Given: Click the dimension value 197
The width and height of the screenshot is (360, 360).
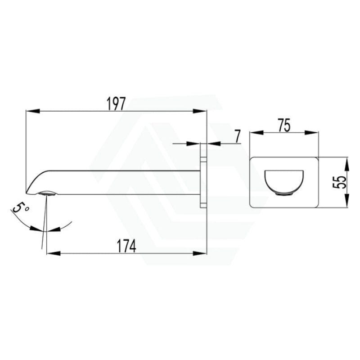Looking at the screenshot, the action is point(117,104).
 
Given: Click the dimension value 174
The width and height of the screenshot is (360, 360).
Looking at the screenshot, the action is point(127,246).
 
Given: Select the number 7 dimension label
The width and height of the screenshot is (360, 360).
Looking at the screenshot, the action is point(238,136).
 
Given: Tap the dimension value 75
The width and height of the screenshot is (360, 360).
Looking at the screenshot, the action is point(284,125).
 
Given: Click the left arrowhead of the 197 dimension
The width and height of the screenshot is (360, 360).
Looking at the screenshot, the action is point(32,111).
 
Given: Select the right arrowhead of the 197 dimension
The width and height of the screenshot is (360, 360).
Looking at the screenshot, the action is point(200,111).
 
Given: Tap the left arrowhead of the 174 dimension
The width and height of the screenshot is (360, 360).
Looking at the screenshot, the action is point(54,253).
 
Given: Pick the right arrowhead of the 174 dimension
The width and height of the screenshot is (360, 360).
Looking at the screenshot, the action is point(199,253).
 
